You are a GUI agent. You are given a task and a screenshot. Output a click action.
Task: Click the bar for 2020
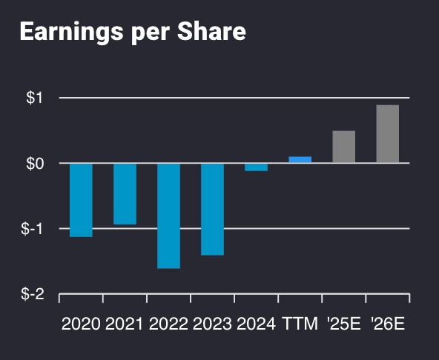[81, 200]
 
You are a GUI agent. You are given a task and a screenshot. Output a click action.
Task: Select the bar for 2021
[125, 193]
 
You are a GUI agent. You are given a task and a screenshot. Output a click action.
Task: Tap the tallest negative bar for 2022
[168, 216]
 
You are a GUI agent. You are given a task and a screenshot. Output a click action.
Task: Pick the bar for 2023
[212, 209]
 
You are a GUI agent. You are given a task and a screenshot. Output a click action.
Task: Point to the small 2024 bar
[256, 167]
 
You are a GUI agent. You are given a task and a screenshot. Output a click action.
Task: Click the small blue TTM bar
[300, 159]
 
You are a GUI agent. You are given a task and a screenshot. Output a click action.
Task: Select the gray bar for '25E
[343, 147]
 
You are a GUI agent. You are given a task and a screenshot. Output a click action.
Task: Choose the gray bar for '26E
[387, 134]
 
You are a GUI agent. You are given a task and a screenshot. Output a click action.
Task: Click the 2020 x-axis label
[81, 324]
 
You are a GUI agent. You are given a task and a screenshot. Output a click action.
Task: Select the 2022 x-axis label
[168, 324]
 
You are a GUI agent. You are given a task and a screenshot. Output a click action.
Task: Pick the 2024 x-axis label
[256, 324]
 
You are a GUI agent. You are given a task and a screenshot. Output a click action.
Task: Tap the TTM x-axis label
[300, 324]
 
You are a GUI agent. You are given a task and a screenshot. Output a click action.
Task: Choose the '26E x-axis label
[387, 324]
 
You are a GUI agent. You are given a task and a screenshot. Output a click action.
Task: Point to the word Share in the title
[214, 33]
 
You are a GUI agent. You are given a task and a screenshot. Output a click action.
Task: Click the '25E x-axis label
[343, 324]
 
